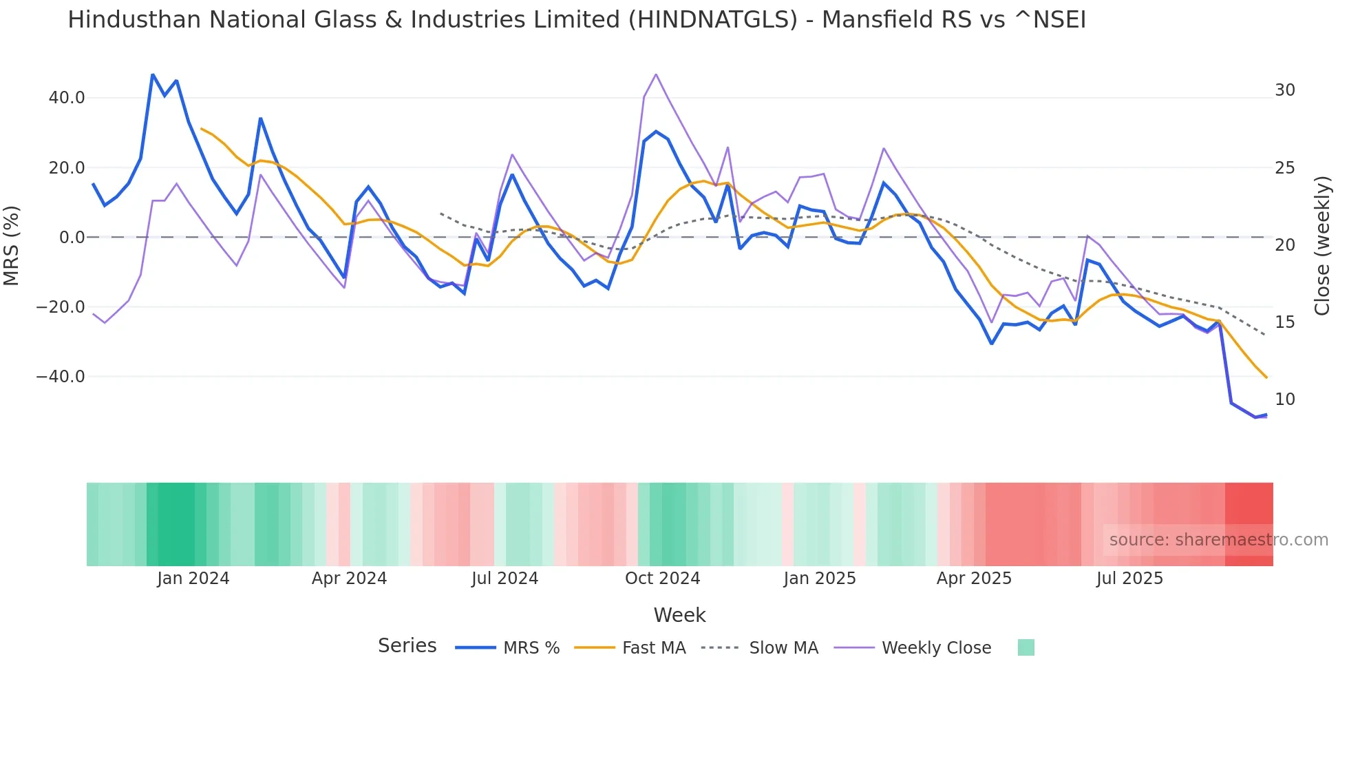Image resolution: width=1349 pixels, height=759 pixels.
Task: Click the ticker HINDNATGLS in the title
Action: coord(716,20)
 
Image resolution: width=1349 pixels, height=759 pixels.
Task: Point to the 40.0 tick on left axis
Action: coord(67,98)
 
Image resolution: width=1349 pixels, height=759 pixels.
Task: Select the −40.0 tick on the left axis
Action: coord(61,377)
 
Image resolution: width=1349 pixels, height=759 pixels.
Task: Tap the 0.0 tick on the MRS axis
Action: coord(72,238)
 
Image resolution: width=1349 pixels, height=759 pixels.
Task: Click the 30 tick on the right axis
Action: coord(1285,90)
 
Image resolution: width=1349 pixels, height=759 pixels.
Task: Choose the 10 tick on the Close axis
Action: coord(1285,399)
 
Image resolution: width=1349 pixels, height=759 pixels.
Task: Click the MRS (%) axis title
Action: coord(12,245)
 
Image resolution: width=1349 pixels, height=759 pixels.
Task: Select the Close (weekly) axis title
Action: coord(1322,246)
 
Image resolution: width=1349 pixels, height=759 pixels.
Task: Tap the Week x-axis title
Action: coord(679,615)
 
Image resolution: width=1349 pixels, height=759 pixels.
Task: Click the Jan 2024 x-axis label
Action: coord(193,579)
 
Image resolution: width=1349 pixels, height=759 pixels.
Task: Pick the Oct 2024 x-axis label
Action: coord(662,579)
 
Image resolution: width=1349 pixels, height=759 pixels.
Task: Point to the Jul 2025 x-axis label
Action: coord(1129,579)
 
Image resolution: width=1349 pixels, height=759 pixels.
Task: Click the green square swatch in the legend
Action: coord(1026,647)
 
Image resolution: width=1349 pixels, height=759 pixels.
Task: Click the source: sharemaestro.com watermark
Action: coord(1218,540)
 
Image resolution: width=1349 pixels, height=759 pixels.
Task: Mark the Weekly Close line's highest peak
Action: coord(656,74)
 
